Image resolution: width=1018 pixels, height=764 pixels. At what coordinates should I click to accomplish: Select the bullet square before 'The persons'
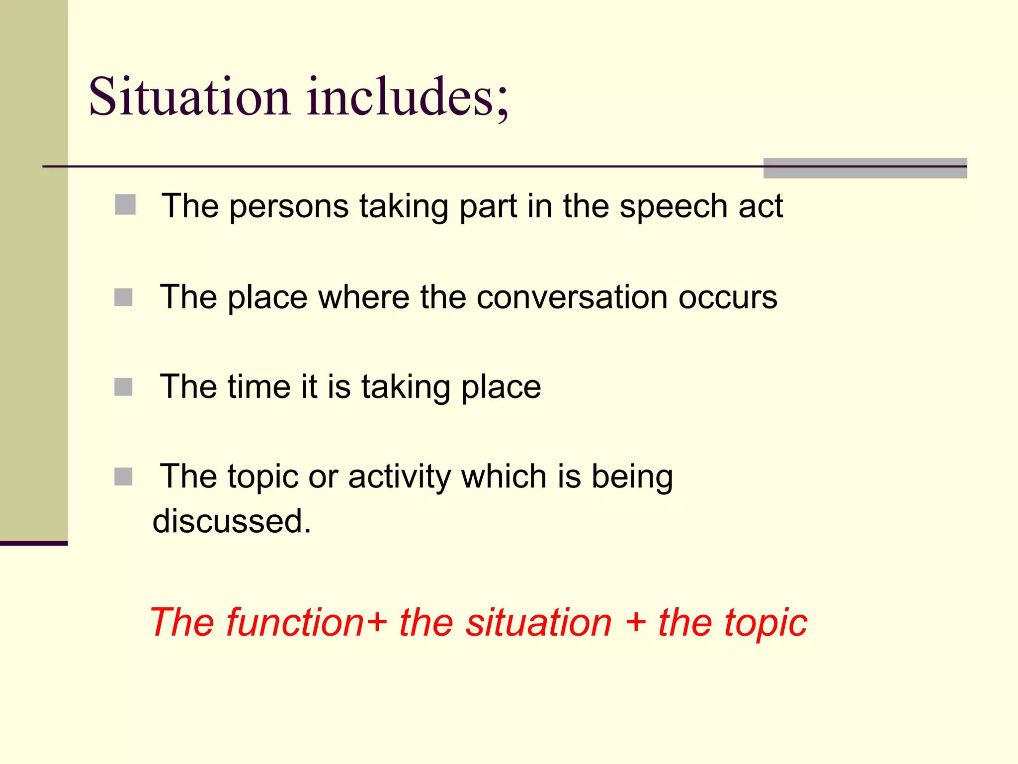125,204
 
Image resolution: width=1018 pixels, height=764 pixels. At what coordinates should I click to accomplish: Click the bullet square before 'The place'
123,297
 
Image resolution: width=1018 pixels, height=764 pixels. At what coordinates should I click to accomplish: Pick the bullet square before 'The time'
123,387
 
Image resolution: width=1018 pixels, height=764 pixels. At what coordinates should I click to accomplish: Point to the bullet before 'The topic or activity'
123,477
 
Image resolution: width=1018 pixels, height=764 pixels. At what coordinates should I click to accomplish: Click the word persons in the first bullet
289,207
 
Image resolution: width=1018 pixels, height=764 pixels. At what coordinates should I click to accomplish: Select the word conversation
572,297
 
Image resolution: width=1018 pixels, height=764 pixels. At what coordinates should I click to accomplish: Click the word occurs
728,297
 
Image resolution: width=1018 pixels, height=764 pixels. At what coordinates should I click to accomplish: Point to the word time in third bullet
259,386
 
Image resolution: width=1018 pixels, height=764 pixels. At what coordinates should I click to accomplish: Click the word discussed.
232,521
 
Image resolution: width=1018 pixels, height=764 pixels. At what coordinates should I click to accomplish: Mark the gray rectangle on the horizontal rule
865,168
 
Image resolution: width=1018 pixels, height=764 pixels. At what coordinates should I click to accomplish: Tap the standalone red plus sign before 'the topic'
636,623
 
